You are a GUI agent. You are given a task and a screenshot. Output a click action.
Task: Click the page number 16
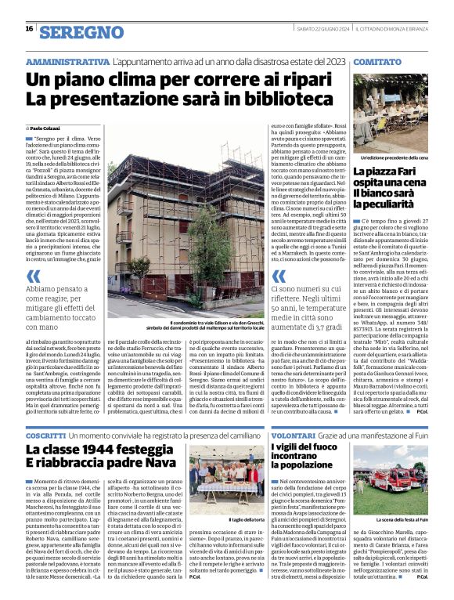[29, 29]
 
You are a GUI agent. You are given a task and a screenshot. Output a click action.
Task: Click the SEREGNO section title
[81, 32]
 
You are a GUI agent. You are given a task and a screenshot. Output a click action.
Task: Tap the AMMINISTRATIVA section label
[67, 61]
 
